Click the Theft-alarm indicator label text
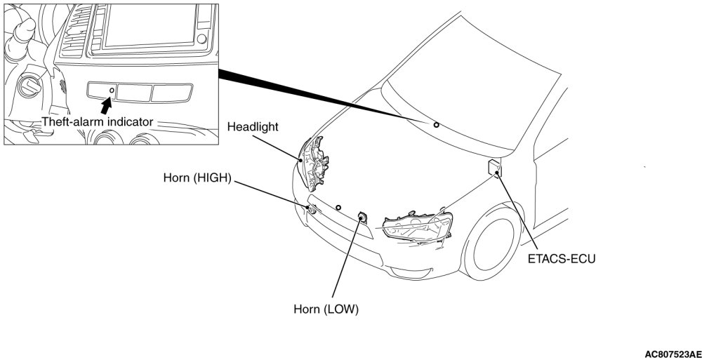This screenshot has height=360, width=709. [x=97, y=121]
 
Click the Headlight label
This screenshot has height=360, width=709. [x=253, y=127]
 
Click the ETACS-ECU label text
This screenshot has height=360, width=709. [x=562, y=259]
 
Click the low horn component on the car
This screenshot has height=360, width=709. [x=362, y=218]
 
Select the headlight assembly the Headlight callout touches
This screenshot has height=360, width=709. [x=315, y=162]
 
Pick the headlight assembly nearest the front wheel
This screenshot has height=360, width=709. [x=417, y=227]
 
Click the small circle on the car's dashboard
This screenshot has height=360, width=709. [x=436, y=125]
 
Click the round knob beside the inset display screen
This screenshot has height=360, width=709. [x=202, y=39]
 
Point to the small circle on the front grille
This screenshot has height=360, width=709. [x=338, y=208]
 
